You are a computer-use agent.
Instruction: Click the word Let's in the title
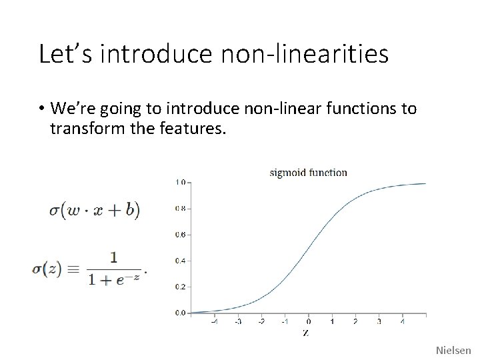pyautogui.click(x=64, y=54)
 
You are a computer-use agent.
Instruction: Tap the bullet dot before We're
pyautogui.click(x=42, y=109)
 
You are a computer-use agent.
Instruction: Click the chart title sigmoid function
pyautogui.click(x=308, y=173)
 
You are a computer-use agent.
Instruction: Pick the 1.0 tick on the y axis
pyautogui.click(x=180, y=182)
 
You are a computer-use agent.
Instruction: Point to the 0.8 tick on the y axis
pyautogui.click(x=180, y=208)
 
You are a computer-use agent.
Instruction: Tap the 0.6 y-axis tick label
pyautogui.click(x=180, y=234)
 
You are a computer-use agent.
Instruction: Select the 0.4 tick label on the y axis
pyautogui.click(x=180, y=260)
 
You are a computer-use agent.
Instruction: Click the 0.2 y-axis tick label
pyautogui.click(x=180, y=286)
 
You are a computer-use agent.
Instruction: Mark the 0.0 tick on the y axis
pyautogui.click(x=180, y=312)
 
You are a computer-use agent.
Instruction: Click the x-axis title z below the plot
pyautogui.click(x=305, y=332)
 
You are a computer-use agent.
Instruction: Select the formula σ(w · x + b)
pyautogui.click(x=94, y=209)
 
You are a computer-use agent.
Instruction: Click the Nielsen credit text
pyautogui.click(x=453, y=350)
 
